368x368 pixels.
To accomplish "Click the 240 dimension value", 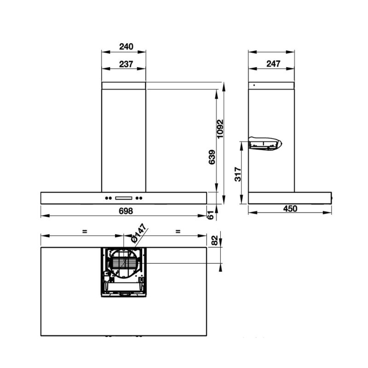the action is click(x=126, y=46).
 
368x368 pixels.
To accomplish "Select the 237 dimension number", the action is click(x=126, y=64).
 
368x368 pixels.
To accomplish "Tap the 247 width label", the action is click(x=273, y=63).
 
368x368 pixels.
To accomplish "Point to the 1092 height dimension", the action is click(x=220, y=129).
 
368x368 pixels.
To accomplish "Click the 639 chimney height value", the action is click(x=212, y=157).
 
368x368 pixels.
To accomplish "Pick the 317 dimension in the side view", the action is click(x=238, y=174).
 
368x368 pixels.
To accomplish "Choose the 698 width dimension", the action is click(x=126, y=211).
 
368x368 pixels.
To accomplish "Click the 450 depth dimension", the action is click(x=290, y=209).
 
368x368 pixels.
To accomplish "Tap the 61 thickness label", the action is click(x=211, y=215).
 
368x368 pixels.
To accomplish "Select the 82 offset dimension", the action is click(x=215, y=240).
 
